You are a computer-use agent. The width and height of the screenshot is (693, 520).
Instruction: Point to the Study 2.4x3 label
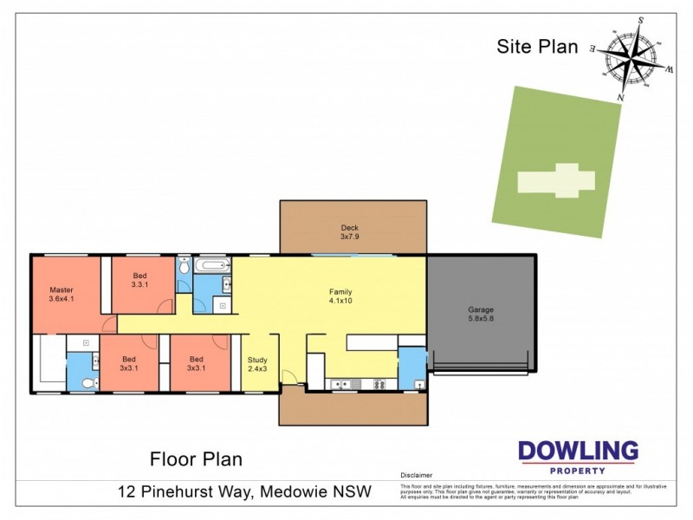pyautogui.click(x=258, y=363)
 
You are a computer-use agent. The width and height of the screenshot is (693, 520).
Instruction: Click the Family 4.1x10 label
pyautogui.click(x=340, y=296)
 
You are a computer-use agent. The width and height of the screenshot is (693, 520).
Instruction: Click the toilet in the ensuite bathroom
pyautogui.click(x=85, y=382)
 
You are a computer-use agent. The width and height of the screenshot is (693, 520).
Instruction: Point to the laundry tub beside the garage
pyautogui.click(x=419, y=383)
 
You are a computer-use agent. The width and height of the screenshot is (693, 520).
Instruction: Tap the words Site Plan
pyautogui.click(x=537, y=47)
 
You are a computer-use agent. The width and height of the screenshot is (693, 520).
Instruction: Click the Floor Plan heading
pyautogui.click(x=196, y=458)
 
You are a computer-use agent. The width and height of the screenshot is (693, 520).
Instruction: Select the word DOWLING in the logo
pyautogui.click(x=578, y=452)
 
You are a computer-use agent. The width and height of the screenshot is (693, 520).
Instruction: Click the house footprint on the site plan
pyautogui.click(x=557, y=180)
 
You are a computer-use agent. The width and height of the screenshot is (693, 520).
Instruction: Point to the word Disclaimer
pyautogui.click(x=416, y=476)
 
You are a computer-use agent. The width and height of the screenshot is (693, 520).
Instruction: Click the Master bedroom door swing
pyautogui.click(x=108, y=324)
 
